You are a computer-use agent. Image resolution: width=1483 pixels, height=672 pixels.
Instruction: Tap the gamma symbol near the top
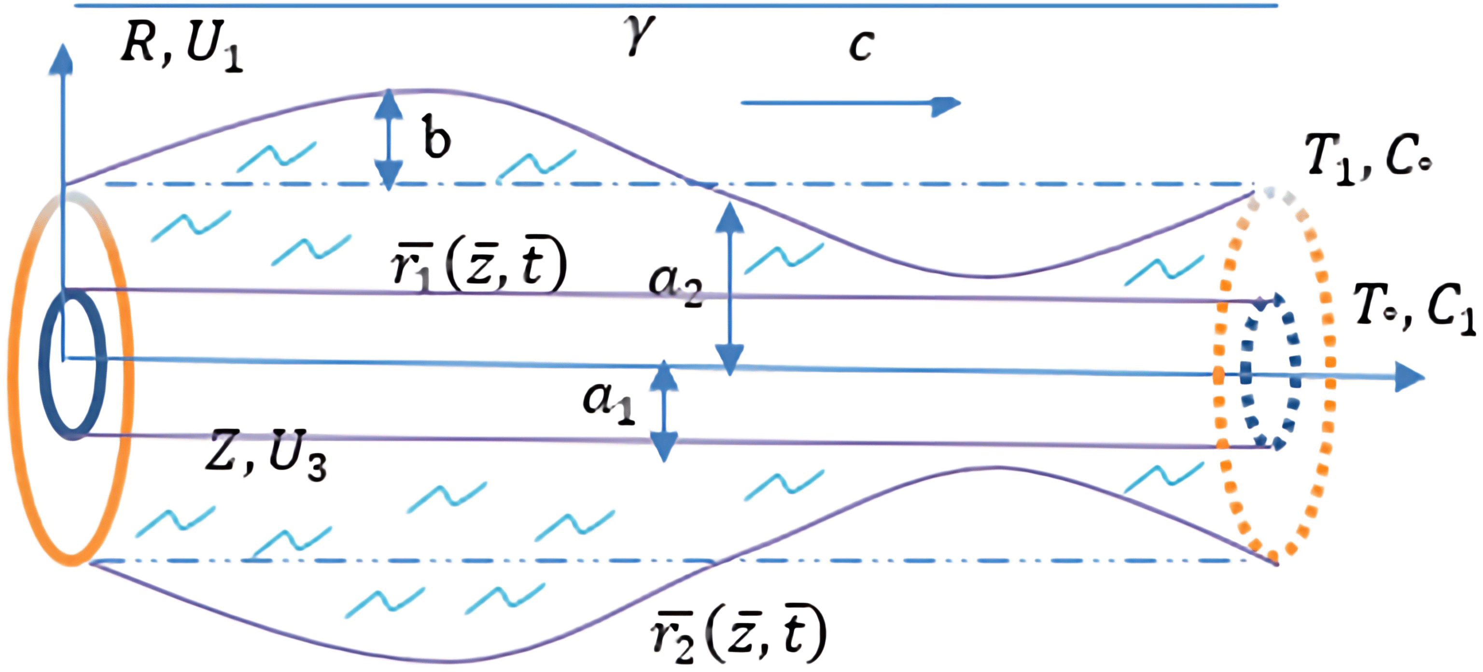coord(640,35)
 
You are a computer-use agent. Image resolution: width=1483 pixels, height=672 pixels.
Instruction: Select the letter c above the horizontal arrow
coord(861,45)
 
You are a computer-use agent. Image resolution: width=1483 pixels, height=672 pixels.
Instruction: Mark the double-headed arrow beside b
coord(389,139)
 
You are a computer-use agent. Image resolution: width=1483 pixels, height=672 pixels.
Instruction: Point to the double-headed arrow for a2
coord(730,288)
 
